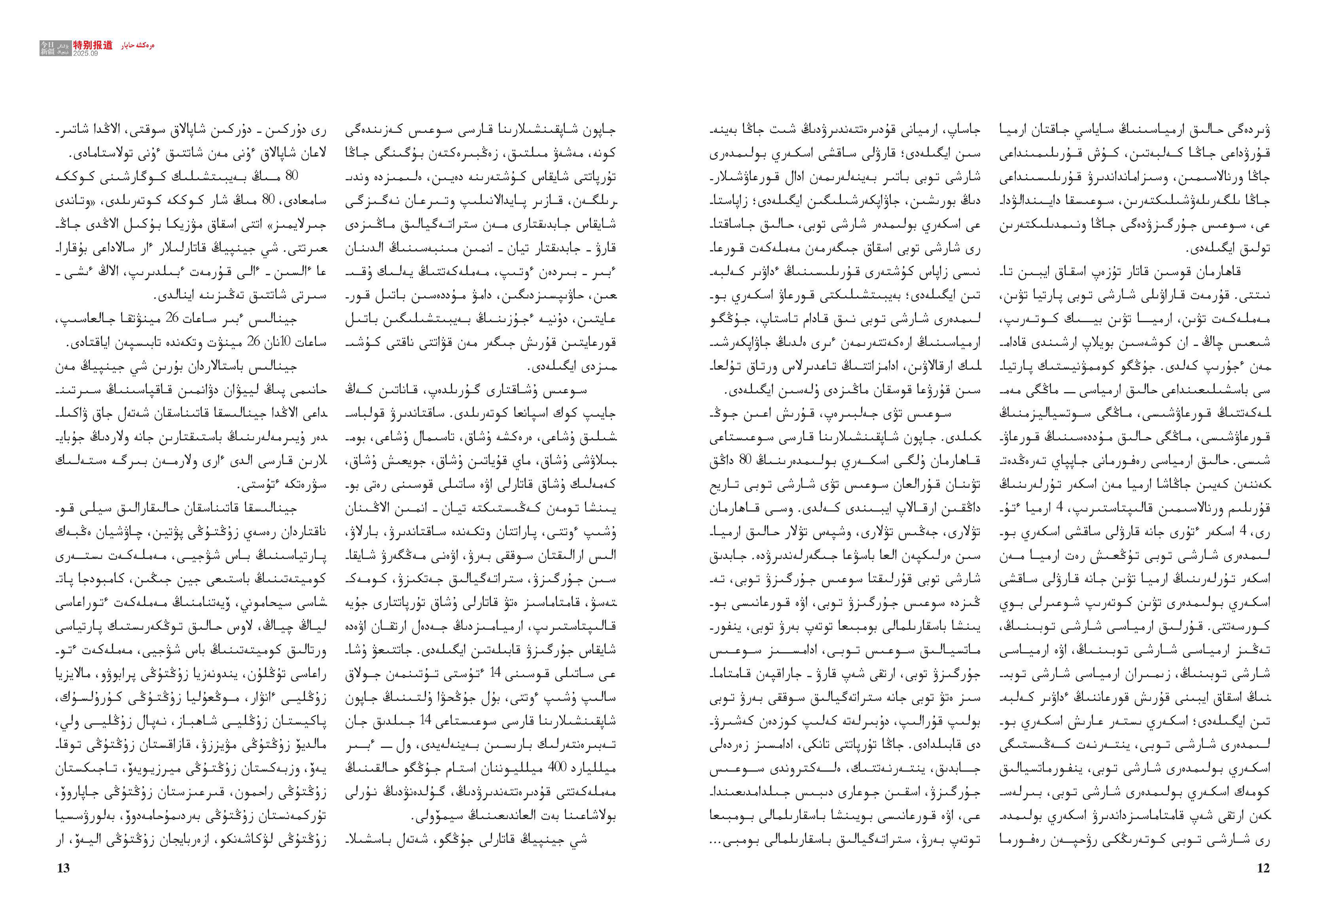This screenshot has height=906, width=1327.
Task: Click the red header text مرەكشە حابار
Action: [x=138, y=45]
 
